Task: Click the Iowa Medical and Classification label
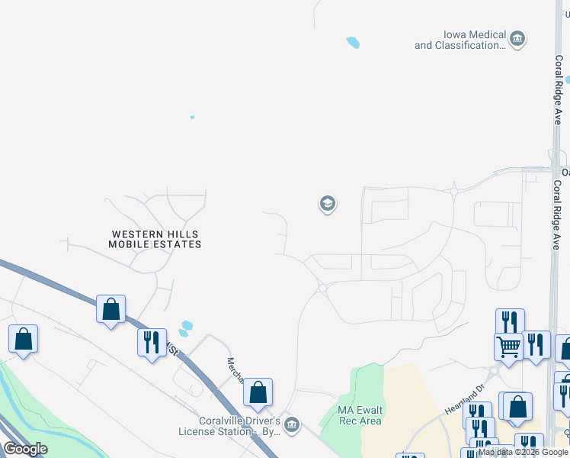pyautogui.click(x=460, y=40)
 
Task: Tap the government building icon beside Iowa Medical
pyautogui.click(x=517, y=39)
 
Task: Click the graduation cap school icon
pyautogui.click(x=327, y=204)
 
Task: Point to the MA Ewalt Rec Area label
pyautogui.click(x=360, y=415)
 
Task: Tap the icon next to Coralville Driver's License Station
pyautogui.click(x=290, y=424)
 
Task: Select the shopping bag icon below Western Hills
pyautogui.click(x=110, y=309)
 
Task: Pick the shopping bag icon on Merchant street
pyautogui.click(x=258, y=392)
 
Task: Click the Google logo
pyautogui.click(x=25, y=449)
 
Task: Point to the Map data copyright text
pyautogui.click(x=523, y=452)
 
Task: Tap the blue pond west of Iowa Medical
pyautogui.click(x=352, y=43)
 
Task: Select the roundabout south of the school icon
pyautogui.click(x=322, y=288)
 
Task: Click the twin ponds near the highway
pyautogui.click(x=184, y=328)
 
